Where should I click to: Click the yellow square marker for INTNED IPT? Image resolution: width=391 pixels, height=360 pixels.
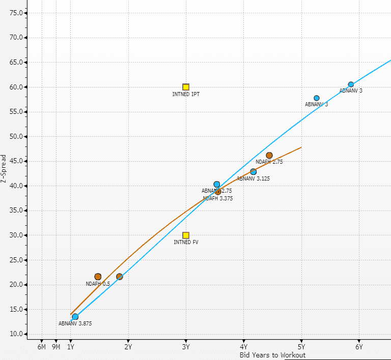186,87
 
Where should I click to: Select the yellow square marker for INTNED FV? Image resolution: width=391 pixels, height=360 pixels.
186,235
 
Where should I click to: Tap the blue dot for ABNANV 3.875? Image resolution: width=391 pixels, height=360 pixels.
75,317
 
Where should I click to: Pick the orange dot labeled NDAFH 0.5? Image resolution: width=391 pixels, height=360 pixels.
98,277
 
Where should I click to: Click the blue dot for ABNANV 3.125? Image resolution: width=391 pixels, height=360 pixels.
254,172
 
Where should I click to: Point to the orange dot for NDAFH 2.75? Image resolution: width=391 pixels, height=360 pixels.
269,156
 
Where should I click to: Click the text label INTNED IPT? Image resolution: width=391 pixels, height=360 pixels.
186,95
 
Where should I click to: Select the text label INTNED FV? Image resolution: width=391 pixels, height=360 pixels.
186,243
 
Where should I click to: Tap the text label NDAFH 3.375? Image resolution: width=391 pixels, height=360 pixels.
217,198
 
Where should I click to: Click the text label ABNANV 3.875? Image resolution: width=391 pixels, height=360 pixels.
75,323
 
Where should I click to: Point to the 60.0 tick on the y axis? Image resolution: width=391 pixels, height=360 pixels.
17,87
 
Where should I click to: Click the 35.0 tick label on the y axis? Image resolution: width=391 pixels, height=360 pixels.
17,211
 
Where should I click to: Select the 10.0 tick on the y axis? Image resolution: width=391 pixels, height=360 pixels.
17,334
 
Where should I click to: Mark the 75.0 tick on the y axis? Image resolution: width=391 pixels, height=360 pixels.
17,13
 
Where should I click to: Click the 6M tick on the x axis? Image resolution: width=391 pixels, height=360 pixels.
42,347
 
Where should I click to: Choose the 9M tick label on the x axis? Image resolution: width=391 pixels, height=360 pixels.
56,347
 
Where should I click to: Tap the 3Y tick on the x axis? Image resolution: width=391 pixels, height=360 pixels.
186,347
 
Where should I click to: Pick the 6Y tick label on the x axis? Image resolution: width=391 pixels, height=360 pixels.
359,347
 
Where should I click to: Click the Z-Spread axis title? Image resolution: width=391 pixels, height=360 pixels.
4,169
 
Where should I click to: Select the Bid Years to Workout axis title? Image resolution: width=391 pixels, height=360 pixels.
272,355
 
